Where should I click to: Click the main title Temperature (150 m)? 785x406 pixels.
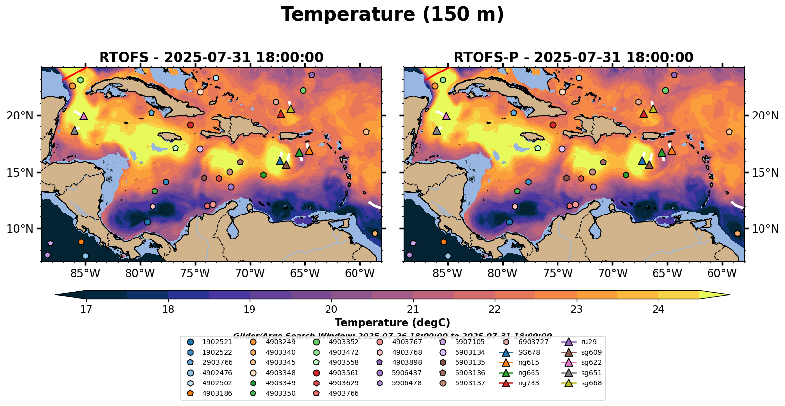pyautogui.click(x=392, y=15)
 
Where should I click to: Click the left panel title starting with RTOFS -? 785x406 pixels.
pyautogui.click(x=211, y=58)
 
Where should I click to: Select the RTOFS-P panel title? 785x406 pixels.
pyautogui.click(x=573, y=58)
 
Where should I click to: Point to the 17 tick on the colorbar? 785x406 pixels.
pyautogui.click(x=86, y=309)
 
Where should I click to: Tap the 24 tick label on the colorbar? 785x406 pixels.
pyautogui.click(x=658, y=309)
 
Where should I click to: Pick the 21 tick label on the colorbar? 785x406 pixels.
pyautogui.click(x=413, y=309)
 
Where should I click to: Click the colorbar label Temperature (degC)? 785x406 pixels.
pyautogui.click(x=392, y=323)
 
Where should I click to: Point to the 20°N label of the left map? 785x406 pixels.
pyautogui.click(x=20, y=116)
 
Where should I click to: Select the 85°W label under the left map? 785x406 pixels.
pyautogui.click(x=85, y=273)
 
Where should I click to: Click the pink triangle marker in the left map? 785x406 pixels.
pyautogui.click(x=83, y=116)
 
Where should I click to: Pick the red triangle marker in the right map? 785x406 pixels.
pyautogui.click(x=643, y=114)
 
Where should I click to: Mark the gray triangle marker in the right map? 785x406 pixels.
pyautogui.click(x=437, y=130)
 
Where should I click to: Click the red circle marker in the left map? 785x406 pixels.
pyautogui.click(x=190, y=125)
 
